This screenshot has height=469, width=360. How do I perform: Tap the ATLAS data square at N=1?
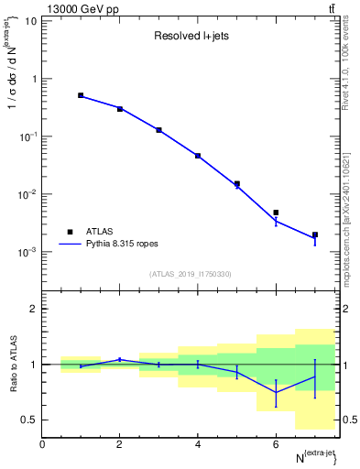click(81, 95)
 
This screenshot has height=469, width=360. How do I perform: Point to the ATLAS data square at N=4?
click(198, 156)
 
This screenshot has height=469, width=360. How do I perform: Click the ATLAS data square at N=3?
click(158, 130)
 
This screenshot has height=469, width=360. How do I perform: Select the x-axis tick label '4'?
click(198, 444)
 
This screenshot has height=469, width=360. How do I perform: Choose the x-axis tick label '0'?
click(42, 444)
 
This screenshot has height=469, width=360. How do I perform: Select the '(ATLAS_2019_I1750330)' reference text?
click(191, 274)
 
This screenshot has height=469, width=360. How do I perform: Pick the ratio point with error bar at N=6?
click(276, 392)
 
